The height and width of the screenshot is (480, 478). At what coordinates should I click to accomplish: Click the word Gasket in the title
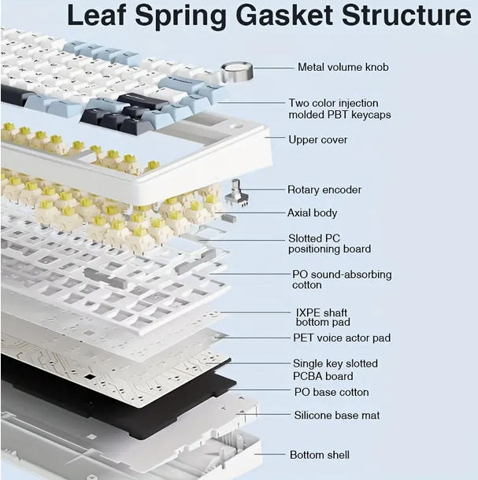click(279, 16)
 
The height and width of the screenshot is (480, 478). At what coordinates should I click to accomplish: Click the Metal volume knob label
click(343, 68)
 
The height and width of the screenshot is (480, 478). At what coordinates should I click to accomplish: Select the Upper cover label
click(317, 140)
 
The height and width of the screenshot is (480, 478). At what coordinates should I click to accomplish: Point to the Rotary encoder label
click(324, 190)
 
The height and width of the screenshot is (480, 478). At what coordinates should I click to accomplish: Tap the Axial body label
click(312, 212)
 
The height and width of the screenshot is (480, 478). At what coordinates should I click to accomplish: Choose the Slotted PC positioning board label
click(329, 244)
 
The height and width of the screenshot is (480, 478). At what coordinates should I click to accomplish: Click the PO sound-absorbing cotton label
click(342, 280)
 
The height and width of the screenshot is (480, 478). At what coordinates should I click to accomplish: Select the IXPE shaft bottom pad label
click(323, 317)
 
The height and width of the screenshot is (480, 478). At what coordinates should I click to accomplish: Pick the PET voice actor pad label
click(342, 338)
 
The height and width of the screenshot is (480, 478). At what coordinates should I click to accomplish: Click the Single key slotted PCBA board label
click(335, 370)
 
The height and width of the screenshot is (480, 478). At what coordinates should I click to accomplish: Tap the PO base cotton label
click(331, 392)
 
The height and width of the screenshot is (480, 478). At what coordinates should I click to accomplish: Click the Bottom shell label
click(320, 455)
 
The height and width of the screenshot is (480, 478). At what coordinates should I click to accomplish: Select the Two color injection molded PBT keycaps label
click(339, 109)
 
